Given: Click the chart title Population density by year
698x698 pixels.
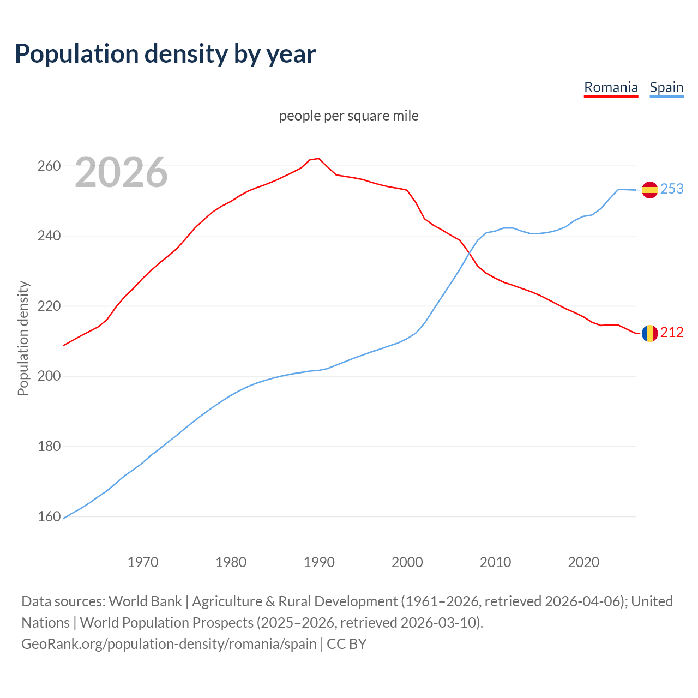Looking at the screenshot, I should (x=165, y=54).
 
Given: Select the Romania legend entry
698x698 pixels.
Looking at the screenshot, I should (x=611, y=87).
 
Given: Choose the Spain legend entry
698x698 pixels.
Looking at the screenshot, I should (x=666, y=87).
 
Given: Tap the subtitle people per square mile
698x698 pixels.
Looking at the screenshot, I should (x=349, y=116).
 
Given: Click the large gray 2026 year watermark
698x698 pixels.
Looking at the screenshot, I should (x=121, y=172).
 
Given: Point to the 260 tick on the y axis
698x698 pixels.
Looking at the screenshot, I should (x=49, y=166).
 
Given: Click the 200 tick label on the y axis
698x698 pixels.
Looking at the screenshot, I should (x=49, y=376).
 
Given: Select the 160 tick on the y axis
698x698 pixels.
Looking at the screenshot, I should (x=49, y=516).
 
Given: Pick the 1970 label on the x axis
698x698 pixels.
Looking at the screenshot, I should (x=143, y=562).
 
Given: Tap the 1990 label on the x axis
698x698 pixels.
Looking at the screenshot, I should (x=319, y=562).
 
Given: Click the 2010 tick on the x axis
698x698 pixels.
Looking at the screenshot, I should (x=495, y=562).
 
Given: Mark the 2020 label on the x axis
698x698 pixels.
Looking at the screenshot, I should (x=583, y=562).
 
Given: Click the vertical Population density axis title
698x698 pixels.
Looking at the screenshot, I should (x=23, y=338).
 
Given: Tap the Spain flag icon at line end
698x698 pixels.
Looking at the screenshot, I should (x=649, y=190).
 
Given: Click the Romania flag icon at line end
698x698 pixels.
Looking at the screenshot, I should (x=649, y=333).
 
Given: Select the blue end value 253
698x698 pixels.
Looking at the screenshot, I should (x=672, y=189).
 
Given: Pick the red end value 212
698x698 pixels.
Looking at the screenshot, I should (x=672, y=332).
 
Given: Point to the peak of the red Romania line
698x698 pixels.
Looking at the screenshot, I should (x=318, y=159).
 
